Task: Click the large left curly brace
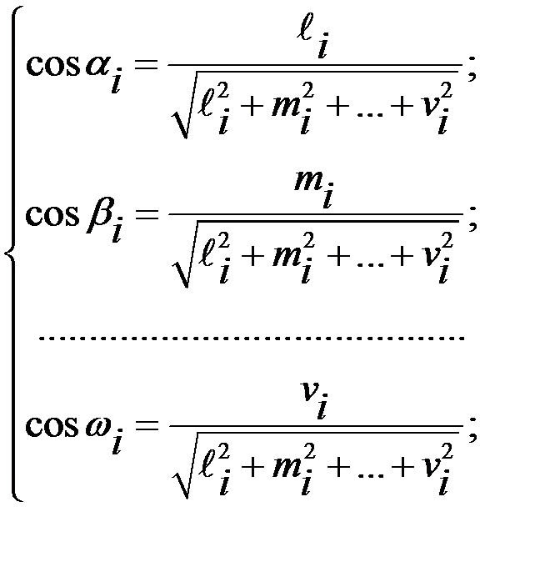coord(13,251)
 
